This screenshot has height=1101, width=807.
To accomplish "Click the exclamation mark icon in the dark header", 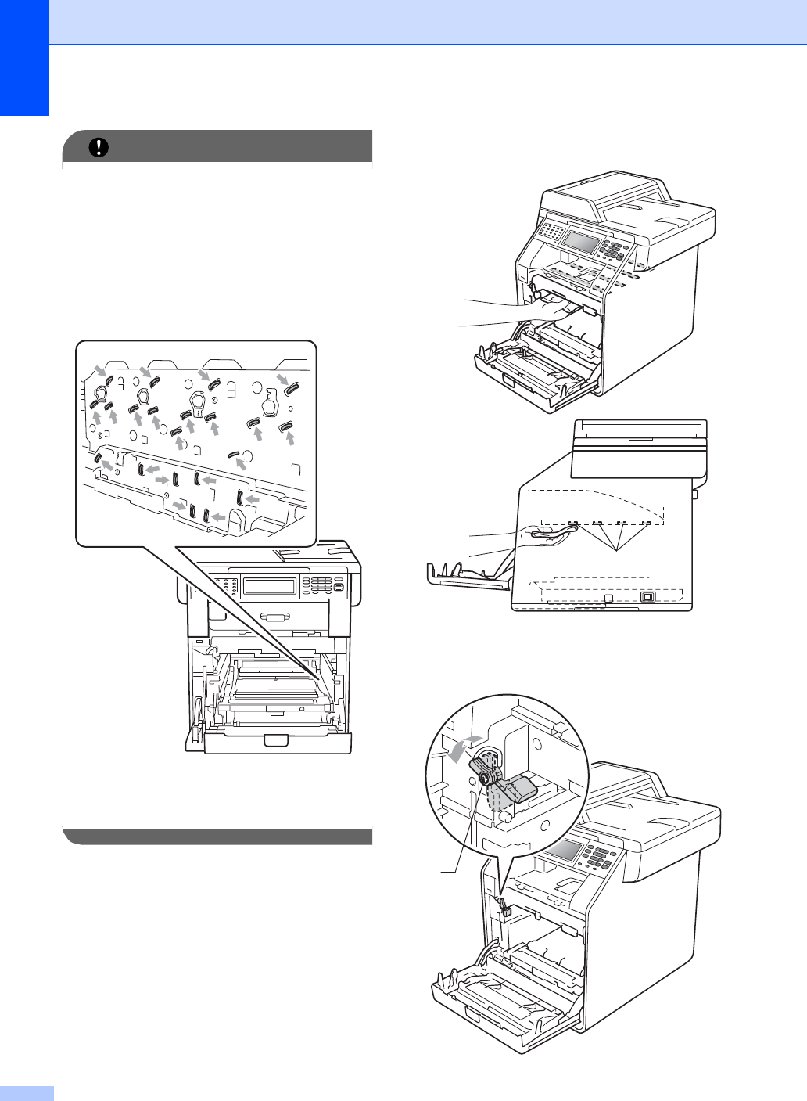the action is pos(99,147).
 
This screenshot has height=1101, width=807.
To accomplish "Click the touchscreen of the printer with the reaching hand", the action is pos(579,242).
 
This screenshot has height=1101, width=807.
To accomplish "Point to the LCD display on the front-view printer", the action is pos(269,586).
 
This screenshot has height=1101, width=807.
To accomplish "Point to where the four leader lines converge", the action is pos(617,550).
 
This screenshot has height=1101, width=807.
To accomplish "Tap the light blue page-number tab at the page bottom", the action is pos(27,1092).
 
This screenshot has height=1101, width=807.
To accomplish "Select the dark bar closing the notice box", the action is pos(217,836).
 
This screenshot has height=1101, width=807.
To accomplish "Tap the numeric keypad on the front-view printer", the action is pos(321,585).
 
